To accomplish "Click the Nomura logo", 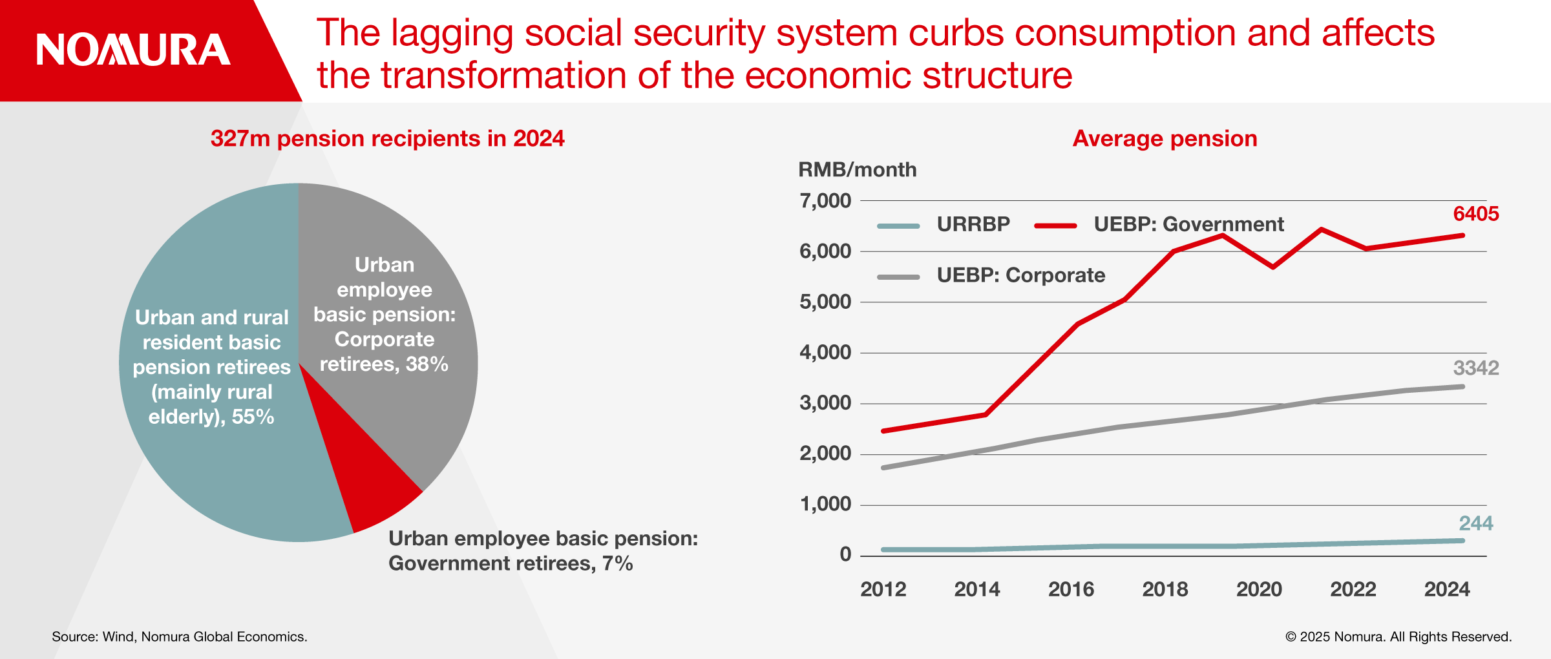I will point(133,50).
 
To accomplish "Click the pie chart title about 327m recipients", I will point(387,139).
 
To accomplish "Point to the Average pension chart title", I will point(1165,139).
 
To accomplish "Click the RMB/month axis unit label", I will point(857,170).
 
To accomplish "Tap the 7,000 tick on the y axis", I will point(825,201).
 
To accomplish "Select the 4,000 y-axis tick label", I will point(825,353).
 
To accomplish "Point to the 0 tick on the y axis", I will point(845,554).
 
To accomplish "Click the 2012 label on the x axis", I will point(883,589).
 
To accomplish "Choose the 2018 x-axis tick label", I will point(1165,589).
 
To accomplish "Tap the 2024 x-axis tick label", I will point(1447,589).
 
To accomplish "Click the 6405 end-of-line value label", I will point(1475,214).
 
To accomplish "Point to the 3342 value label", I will point(1475,368).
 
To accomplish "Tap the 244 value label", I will point(1475,523).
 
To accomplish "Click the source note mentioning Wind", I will point(180,637).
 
